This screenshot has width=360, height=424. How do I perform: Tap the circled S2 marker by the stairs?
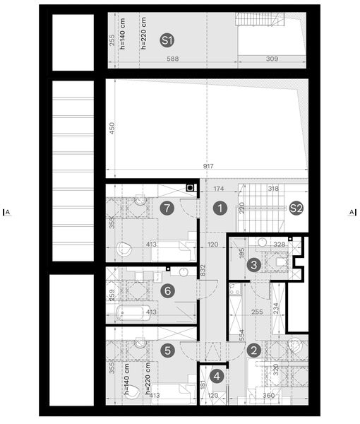coord(296,208)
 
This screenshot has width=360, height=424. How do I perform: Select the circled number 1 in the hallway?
coord(220,208)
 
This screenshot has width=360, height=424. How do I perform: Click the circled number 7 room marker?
coord(167,208)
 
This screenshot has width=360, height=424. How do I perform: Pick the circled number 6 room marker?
coord(167,290)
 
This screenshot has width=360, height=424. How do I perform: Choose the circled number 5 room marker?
coord(167,349)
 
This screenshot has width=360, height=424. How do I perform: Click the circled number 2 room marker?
coord(254,349)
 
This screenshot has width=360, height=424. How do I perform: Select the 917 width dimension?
coord(208,167)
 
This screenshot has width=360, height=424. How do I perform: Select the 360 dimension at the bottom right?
coord(268,397)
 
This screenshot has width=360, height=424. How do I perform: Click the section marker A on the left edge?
coord(7,211)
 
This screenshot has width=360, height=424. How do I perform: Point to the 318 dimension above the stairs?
coord(272,189)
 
